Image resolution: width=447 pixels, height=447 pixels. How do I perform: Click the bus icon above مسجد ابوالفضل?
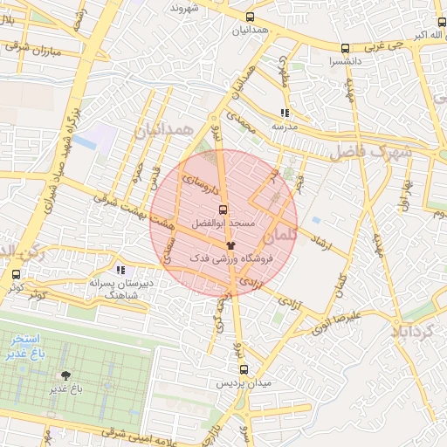tap(223, 210)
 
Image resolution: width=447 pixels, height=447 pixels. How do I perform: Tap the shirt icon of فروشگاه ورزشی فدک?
tap(230, 246)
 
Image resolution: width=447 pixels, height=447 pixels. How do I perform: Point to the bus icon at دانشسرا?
tap(345, 49)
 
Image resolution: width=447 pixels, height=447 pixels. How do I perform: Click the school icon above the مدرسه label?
tap(284, 113)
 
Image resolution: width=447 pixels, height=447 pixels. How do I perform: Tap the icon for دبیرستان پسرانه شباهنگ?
tap(120, 271)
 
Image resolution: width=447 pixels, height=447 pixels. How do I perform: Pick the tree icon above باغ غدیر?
tap(66, 376)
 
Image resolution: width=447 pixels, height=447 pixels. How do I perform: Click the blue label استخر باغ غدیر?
tap(24, 343)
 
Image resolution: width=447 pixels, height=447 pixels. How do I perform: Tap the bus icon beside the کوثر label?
tap(16, 274)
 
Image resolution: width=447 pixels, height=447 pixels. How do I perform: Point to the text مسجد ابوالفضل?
tap(229, 224)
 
